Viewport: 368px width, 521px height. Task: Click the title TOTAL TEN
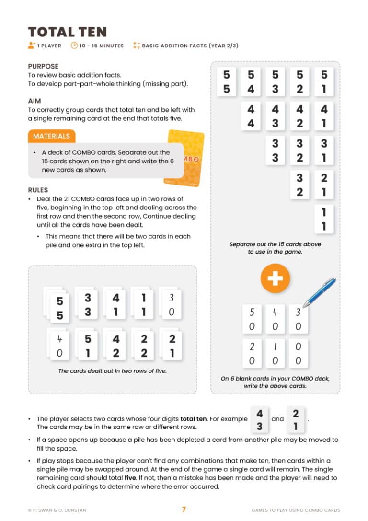pos(67,32)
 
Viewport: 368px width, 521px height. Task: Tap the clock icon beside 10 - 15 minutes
pos(74,46)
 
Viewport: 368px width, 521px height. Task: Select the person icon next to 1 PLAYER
pos(32,46)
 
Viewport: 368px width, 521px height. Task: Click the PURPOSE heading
pos(43,66)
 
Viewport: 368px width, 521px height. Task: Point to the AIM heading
pos(34,101)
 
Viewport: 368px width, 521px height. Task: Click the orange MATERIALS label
pos(51,136)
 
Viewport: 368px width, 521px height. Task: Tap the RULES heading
pos(38,190)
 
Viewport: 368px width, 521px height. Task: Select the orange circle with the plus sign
pos(275,278)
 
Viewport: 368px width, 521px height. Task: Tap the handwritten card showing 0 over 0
pos(298,353)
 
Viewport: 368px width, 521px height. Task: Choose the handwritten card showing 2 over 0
pos(252,353)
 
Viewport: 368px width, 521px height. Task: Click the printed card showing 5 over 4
pos(251,82)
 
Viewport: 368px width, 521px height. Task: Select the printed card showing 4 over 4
pos(251,116)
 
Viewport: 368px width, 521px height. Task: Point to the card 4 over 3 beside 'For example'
pos(259,419)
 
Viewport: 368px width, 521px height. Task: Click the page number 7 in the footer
pos(184,509)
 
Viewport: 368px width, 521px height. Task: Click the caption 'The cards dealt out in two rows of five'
pos(112,370)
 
